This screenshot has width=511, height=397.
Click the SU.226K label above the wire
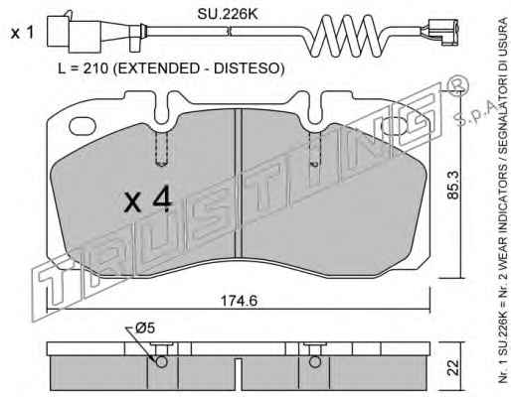click(228, 14)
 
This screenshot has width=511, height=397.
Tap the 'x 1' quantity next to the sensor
click(22, 33)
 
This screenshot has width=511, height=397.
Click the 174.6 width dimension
click(239, 301)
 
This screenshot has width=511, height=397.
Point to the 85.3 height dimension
click(453, 185)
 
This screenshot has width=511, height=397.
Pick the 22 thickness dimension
click(453, 366)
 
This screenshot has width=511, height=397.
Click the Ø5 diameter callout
click(145, 329)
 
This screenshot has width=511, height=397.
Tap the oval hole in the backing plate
click(83, 126)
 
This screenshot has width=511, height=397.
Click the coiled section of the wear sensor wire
click(347, 37)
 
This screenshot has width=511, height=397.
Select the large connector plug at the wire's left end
click(74, 33)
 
